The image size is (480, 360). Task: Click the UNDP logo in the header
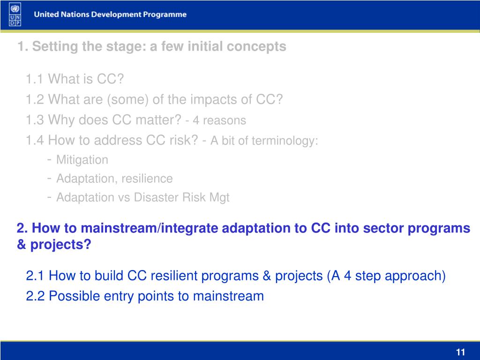click(x=15, y=15)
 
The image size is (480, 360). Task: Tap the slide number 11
click(x=460, y=352)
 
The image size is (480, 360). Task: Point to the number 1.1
click(x=35, y=79)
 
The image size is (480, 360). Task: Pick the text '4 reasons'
click(x=219, y=120)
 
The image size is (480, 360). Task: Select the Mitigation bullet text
click(x=82, y=160)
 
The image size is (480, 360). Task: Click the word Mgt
click(x=219, y=198)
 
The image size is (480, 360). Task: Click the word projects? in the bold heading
click(x=60, y=245)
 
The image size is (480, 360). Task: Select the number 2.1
click(x=36, y=276)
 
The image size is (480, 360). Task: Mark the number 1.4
click(x=35, y=141)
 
